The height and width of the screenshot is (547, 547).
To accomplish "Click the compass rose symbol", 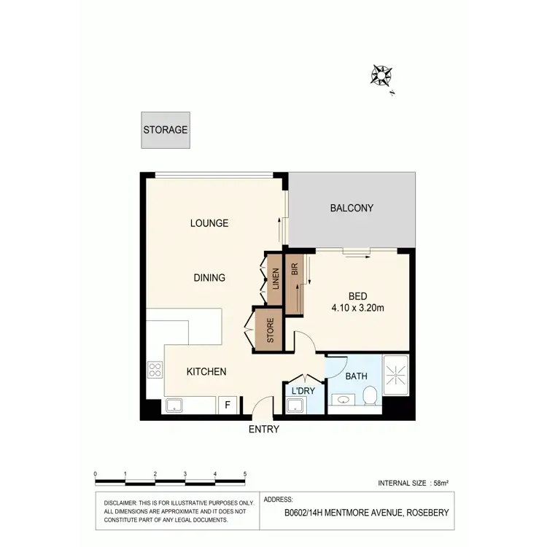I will click(381, 74).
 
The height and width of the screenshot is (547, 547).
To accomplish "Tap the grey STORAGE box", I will click(166, 131).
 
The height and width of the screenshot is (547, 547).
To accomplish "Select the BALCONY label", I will click(352, 208).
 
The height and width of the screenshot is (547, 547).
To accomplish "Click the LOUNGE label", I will click(209, 223).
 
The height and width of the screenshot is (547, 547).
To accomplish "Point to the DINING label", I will click(209, 278).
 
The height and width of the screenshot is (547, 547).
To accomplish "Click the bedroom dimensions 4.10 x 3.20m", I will click(357, 308).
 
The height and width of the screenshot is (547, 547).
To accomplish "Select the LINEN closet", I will click(275, 279).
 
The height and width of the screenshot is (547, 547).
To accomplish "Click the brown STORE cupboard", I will click(270, 330).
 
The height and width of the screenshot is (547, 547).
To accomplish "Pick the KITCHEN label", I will click(206, 372).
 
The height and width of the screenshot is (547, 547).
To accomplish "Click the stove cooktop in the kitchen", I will click(155, 370).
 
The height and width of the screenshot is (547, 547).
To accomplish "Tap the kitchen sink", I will click(176, 406).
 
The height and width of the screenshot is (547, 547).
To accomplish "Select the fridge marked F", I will click(228, 406).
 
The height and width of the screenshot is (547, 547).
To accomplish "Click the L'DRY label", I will click(303, 391).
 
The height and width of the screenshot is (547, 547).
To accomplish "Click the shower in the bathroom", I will click(396, 375).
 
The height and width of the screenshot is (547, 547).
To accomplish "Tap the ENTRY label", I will click(264, 430).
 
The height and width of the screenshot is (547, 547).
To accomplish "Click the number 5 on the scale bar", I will click(245, 474).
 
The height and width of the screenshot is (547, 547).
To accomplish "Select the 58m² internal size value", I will click(441, 484).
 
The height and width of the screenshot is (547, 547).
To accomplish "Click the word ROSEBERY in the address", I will click(427, 513).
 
